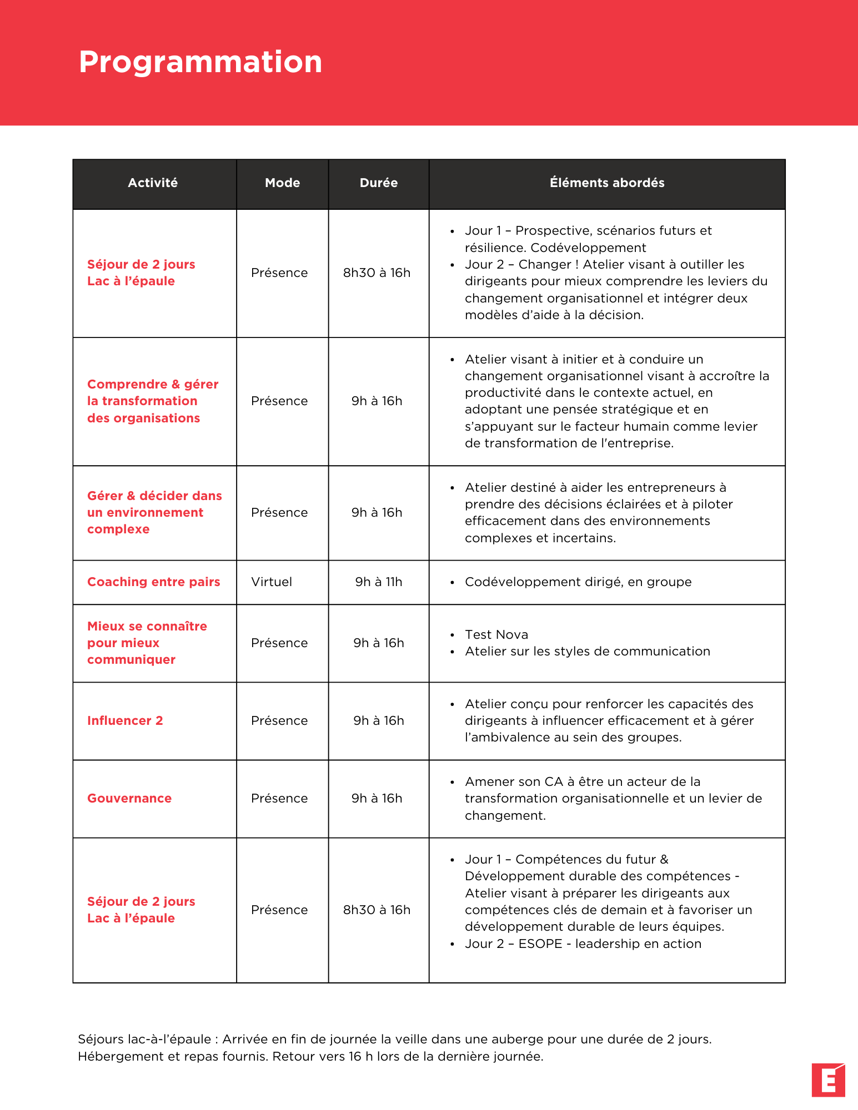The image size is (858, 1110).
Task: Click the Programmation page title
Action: tap(200, 62)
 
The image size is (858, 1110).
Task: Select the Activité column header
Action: tap(153, 183)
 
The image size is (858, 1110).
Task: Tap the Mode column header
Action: tap(282, 183)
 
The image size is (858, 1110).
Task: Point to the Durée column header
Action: tap(379, 183)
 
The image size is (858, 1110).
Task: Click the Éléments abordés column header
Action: tap(607, 183)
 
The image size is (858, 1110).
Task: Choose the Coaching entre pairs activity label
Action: tap(153, 582)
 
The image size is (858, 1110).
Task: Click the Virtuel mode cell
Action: tap(272, 582)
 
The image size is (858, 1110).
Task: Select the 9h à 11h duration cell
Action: tap(379, 582)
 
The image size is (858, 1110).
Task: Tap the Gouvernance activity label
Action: tap(129, 799)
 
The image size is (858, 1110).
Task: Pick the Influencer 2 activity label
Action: tap(125, 721)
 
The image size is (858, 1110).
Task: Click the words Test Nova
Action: tap(496, 635)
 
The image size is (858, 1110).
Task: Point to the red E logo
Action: tap(828, 1080)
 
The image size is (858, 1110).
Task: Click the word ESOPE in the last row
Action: tap(540, 944)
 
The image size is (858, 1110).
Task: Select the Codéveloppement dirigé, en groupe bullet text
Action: tap(578, 582)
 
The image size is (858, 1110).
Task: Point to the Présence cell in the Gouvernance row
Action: tap(279, 799)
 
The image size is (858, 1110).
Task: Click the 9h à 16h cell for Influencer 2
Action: tap(379, 721)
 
